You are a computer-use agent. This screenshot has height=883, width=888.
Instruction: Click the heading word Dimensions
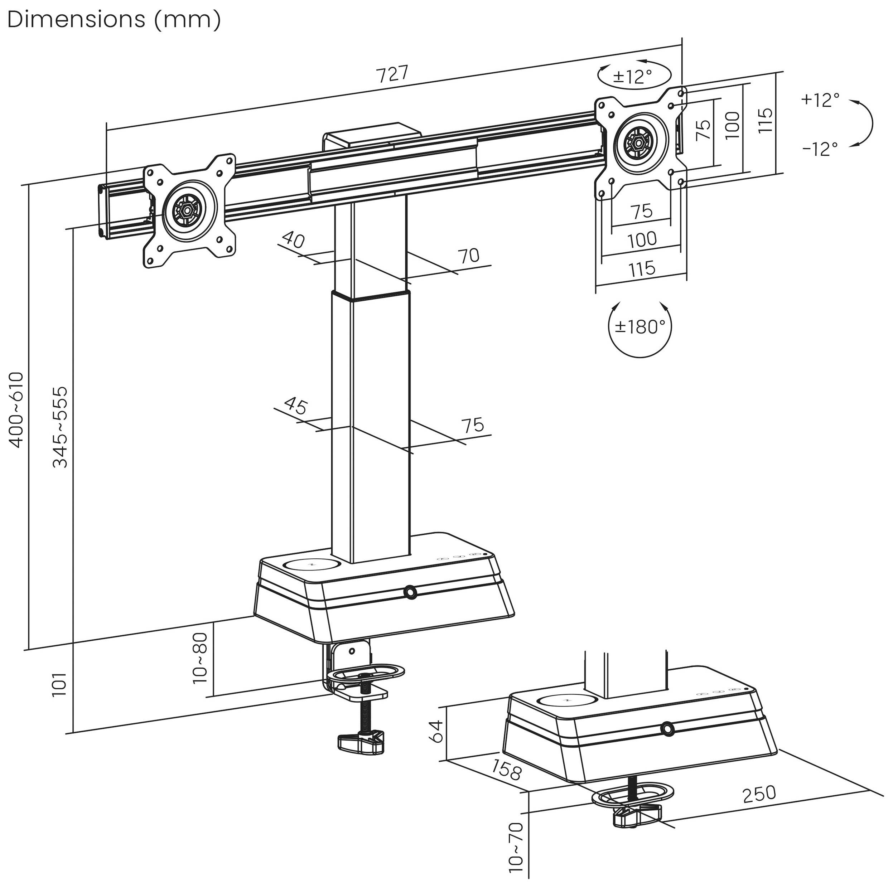coord(76,20)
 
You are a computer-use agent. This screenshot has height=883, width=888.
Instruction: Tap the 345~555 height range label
coord(60,427)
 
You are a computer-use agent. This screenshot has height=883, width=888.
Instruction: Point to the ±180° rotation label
coord(640,327)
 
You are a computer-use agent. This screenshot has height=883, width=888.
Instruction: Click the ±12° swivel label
coord(633,76)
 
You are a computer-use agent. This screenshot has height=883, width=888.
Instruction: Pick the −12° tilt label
coord(820,149)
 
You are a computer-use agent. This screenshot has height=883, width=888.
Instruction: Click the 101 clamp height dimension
coord(60,685)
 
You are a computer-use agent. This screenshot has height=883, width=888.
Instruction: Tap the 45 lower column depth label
coord(295,405)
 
